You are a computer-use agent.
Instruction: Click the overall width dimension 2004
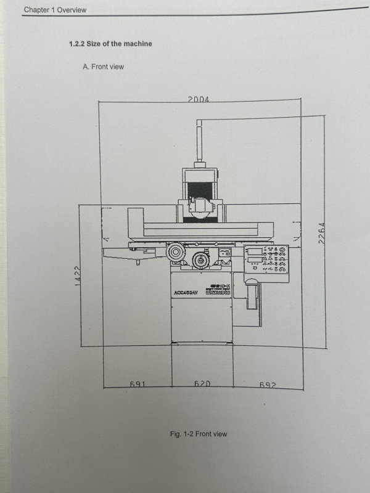coord(199,99)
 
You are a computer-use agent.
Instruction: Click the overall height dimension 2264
coord(321,232)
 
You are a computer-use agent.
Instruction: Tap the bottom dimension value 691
coord(136,384)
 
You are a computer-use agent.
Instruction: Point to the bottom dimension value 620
coord(202,384)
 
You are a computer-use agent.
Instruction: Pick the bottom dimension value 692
coord(267,384)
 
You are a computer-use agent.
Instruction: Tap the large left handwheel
coord(175,253)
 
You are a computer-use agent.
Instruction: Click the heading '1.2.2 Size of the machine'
coord(110,44)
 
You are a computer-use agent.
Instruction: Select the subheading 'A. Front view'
coord(103,67)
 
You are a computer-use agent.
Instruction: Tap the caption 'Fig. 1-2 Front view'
coord(198,434)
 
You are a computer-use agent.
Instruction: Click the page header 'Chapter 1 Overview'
coord(55,10)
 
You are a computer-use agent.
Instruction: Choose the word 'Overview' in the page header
coord(72,10)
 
